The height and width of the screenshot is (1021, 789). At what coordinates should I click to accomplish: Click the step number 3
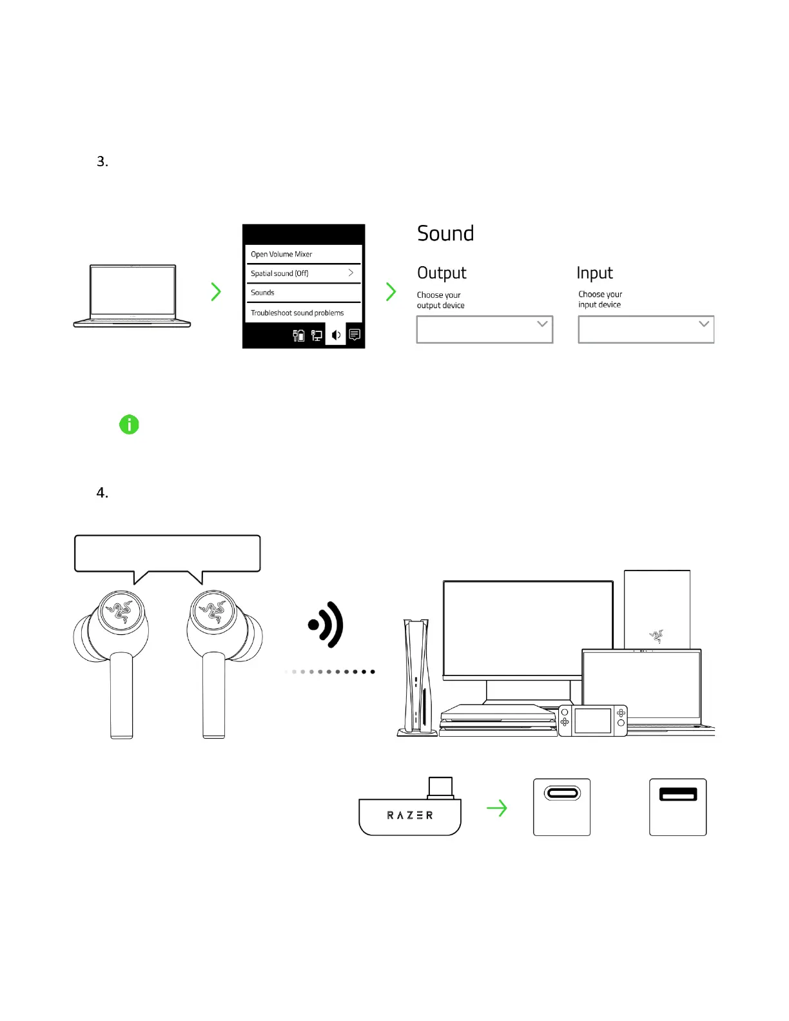point(102,162)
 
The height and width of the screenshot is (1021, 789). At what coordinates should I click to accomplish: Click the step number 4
point(102,493)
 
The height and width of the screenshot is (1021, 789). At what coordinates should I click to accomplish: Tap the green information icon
point(129,425)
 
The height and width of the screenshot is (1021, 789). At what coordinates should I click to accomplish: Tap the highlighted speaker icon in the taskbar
point(336,335)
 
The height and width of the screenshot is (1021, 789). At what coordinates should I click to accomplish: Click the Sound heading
point(445,234)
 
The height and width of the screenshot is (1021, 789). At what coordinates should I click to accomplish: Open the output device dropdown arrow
point(542,324)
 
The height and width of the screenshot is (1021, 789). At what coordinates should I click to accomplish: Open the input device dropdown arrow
point(704,324)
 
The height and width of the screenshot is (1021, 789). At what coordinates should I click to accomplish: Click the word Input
point(594,273)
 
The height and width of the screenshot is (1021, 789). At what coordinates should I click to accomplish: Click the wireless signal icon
point(327,625)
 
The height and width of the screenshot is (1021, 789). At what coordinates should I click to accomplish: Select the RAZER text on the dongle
point(410,815)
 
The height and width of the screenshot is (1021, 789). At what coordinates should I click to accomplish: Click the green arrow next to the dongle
point(497,808)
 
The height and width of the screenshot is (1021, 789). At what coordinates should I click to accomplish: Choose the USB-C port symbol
point(562,793)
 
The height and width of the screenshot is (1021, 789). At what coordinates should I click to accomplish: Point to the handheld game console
point(592,720)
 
